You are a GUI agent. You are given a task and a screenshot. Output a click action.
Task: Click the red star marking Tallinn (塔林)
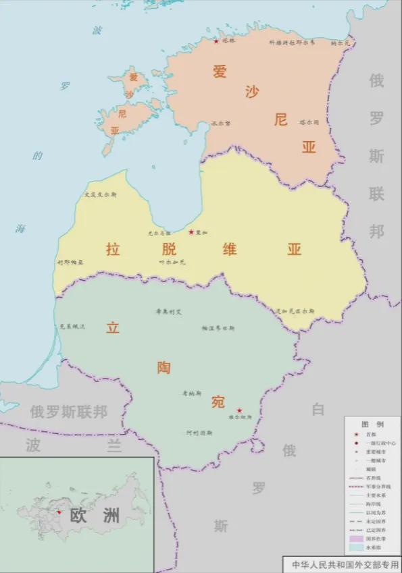[x=216, y=41]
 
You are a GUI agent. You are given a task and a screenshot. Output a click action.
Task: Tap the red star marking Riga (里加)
[x=191, y=232]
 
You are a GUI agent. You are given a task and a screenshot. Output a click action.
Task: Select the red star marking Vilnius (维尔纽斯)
[x=239, y=410]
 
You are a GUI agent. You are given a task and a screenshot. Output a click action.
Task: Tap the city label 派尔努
[x=221, y=124]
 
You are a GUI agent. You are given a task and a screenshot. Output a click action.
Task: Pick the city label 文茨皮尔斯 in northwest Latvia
[x=101, y=194]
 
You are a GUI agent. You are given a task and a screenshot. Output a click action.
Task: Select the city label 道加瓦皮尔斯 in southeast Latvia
[x=295, y=311]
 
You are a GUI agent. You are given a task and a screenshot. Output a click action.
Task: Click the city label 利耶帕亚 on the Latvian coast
[x=70, y=262]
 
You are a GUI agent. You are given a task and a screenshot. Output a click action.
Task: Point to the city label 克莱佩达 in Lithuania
[x=72, y=327]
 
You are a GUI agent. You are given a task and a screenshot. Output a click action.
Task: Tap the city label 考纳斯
[x=192, y=393]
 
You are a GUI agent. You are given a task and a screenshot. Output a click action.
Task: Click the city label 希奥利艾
[x=169, y=311]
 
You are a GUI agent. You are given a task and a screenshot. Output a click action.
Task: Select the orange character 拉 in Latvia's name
[x=113, y=249]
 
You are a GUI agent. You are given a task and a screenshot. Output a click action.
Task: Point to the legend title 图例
[x=372, y=425]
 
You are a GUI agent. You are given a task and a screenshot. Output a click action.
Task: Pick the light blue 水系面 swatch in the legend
[x=355, y=547]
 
